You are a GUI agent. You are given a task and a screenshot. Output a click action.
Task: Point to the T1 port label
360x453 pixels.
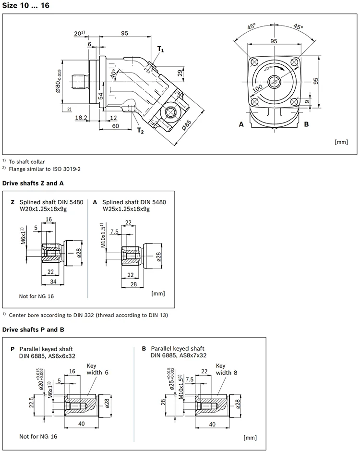[x=161, y=49]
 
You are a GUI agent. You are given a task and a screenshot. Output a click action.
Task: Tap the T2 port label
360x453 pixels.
[x=140, y=131]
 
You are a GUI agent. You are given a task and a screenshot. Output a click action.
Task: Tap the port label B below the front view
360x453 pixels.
[x=306, y=124]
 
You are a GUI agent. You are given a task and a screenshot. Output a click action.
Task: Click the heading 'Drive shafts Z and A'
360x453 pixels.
[x=33, y=183]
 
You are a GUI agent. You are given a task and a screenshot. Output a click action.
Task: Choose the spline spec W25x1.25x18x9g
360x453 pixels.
[x=129, y=209]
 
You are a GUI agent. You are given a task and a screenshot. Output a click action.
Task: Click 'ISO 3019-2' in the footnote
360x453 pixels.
[x=65, y=169]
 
